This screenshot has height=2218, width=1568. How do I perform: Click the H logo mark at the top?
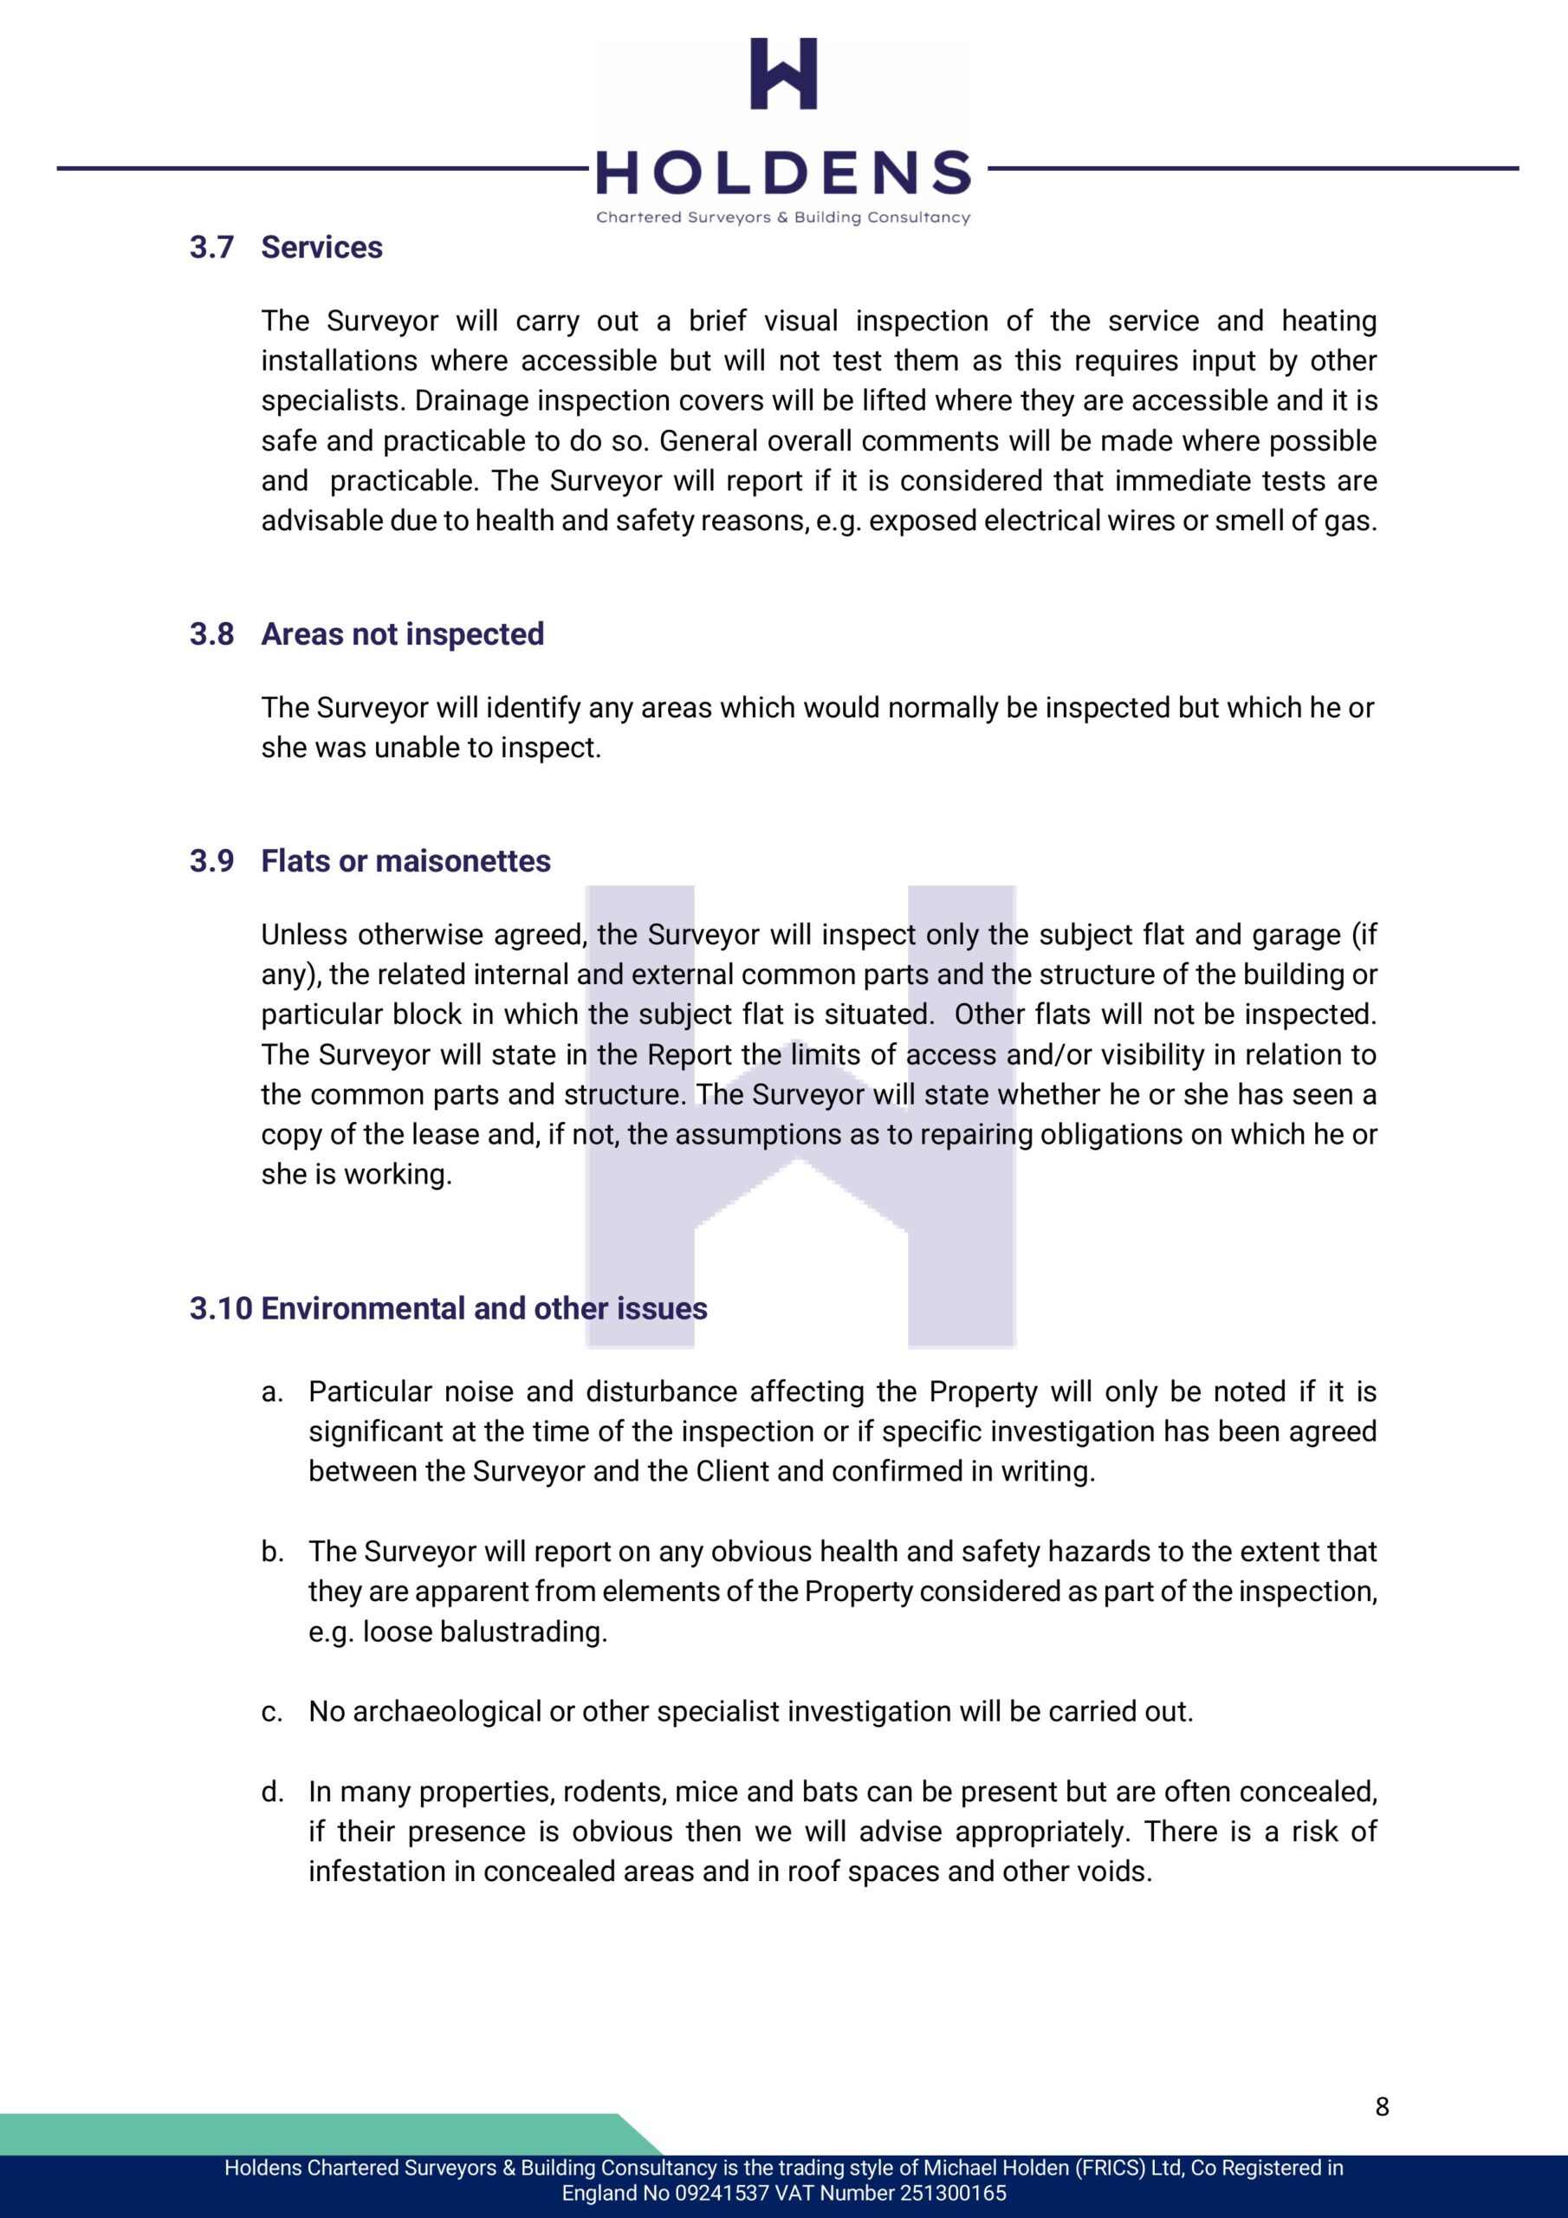click(783, 74)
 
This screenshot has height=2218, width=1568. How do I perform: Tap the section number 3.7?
click(211, 247)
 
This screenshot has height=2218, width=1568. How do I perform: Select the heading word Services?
click(321, 247)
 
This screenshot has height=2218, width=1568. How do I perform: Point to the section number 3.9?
click(211, 860)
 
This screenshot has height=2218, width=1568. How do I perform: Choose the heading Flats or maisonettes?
click(405, 860)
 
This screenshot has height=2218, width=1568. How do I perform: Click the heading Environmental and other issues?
click(484, 1308)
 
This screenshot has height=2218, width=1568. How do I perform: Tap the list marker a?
click(271, 1392)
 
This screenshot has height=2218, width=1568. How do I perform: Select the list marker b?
click(271, 1552)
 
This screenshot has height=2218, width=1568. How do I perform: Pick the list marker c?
click(271, 1712)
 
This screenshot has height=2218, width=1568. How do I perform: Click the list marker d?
click(271, 1792)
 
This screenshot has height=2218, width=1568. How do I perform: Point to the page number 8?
click(1382, 2106)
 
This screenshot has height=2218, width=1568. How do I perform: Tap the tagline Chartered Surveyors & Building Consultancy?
click(783, 217)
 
